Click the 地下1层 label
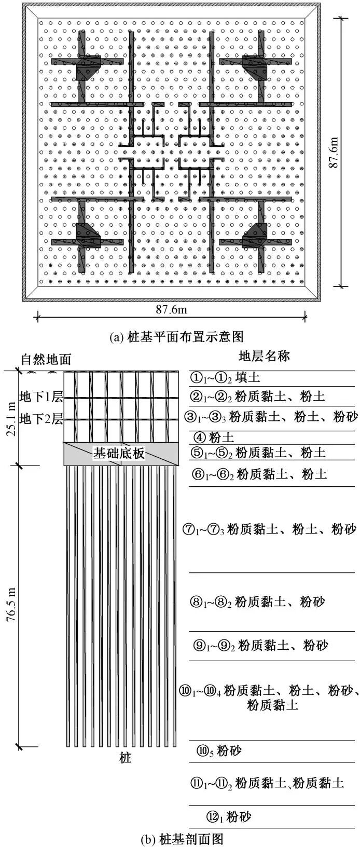[41, 398]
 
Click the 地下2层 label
[41, 418]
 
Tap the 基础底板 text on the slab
[119, 453]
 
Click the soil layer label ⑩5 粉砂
[218, 750]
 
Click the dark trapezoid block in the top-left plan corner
[88, 68]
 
